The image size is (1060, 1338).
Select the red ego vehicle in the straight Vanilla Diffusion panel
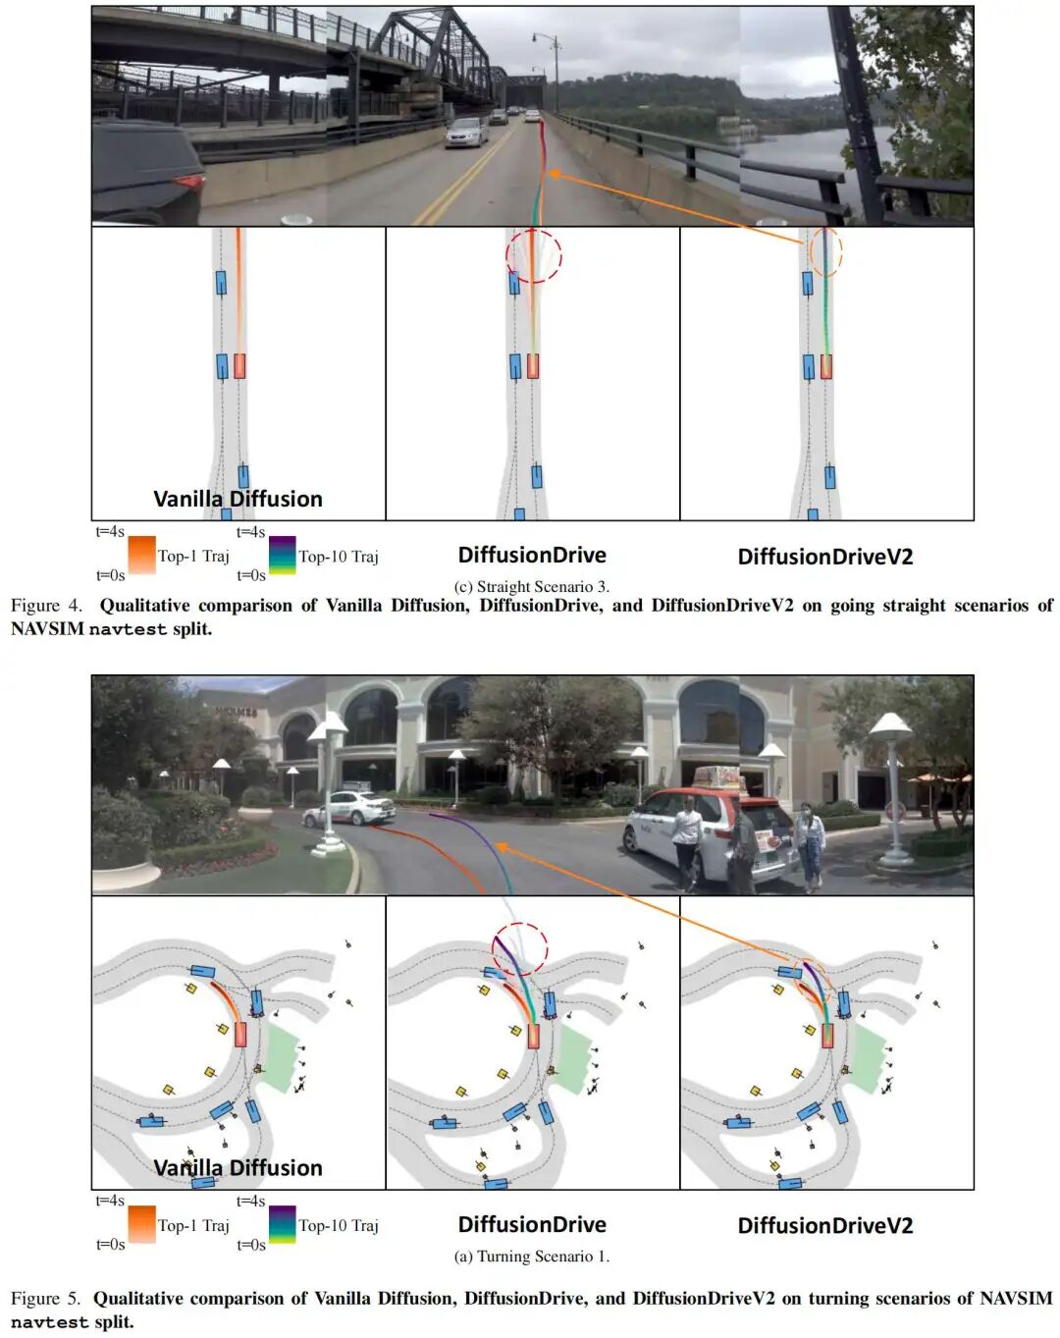coord(239,366)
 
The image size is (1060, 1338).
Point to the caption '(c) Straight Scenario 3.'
coord(532,586)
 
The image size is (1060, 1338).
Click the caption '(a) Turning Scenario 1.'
coord(532,1256)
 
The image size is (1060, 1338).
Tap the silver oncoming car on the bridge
coord(466,132)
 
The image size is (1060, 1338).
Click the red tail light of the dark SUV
coord(189,182)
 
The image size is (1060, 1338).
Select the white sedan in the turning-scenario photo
coord(348,808)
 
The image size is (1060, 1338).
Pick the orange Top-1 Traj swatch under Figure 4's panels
coord(141,555)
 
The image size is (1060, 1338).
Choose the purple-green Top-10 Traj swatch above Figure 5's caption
coord(283,1224)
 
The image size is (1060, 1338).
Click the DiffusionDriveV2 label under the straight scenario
coord(825,557)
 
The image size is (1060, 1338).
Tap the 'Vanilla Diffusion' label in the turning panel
coord(238,1167)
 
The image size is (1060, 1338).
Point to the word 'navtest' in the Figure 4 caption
coord(128,629)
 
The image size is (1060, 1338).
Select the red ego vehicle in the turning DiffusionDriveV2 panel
coord(827,1036)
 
